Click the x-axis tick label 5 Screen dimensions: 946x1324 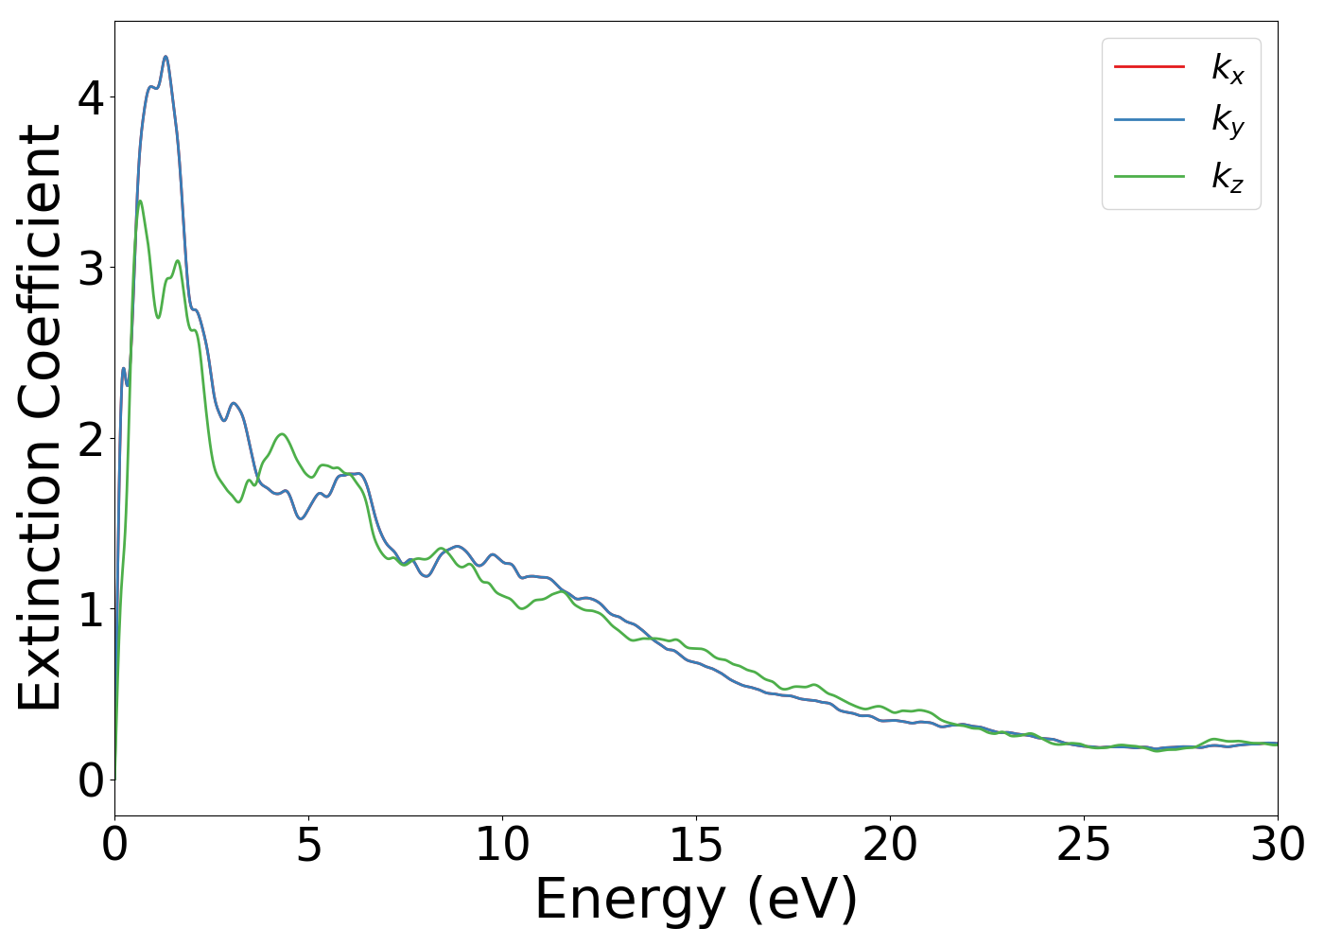point(308,845)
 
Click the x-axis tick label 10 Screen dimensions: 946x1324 point(502,845)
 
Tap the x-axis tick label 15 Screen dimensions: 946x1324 point(696,845)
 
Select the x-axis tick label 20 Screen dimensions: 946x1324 point(890,845)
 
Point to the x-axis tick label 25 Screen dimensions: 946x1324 point(1084,845)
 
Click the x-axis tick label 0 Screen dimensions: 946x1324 point(114,845)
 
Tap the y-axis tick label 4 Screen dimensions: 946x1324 point(91,98)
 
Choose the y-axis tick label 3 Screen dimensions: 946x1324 point(91,269)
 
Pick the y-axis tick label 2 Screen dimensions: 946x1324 point(91,439)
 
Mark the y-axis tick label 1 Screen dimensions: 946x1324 point(91,609)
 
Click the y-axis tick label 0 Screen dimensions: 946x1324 point(91,780)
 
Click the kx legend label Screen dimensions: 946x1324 point(1228,68)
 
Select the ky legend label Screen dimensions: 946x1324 point(1228,122)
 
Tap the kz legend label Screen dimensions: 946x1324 point(1228,177)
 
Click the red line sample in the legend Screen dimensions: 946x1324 point(1149,66)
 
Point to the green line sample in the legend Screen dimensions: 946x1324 point(1149,176)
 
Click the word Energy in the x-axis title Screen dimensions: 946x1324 point(634,900)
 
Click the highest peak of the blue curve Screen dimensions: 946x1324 point(165,57)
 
